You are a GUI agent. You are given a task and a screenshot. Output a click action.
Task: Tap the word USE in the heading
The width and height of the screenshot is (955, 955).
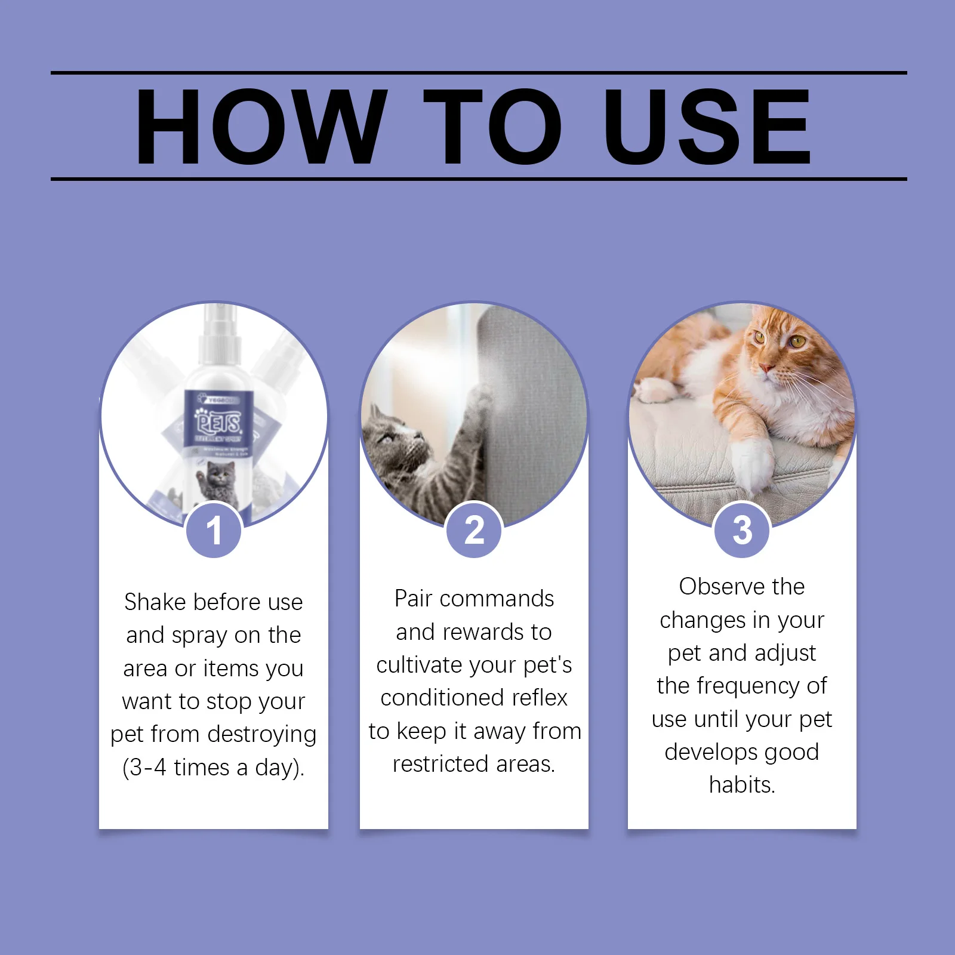(707, 127)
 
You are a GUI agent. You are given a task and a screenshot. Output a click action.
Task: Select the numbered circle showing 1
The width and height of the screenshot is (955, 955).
(214, 530)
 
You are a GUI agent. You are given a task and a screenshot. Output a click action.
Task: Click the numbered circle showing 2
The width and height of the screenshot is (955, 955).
(475, 530)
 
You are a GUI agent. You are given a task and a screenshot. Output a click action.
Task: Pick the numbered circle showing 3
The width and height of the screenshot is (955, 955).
(742, 530)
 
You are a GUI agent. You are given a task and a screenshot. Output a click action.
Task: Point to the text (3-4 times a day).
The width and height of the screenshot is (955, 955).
(214, 768)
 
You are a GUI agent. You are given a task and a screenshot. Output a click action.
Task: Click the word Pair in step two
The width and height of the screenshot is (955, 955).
(413, 599)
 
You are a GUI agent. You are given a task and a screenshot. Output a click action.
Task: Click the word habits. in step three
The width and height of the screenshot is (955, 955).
(742, 785)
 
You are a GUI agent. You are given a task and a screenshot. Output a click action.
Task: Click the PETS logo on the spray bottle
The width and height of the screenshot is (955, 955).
(219, 423)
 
